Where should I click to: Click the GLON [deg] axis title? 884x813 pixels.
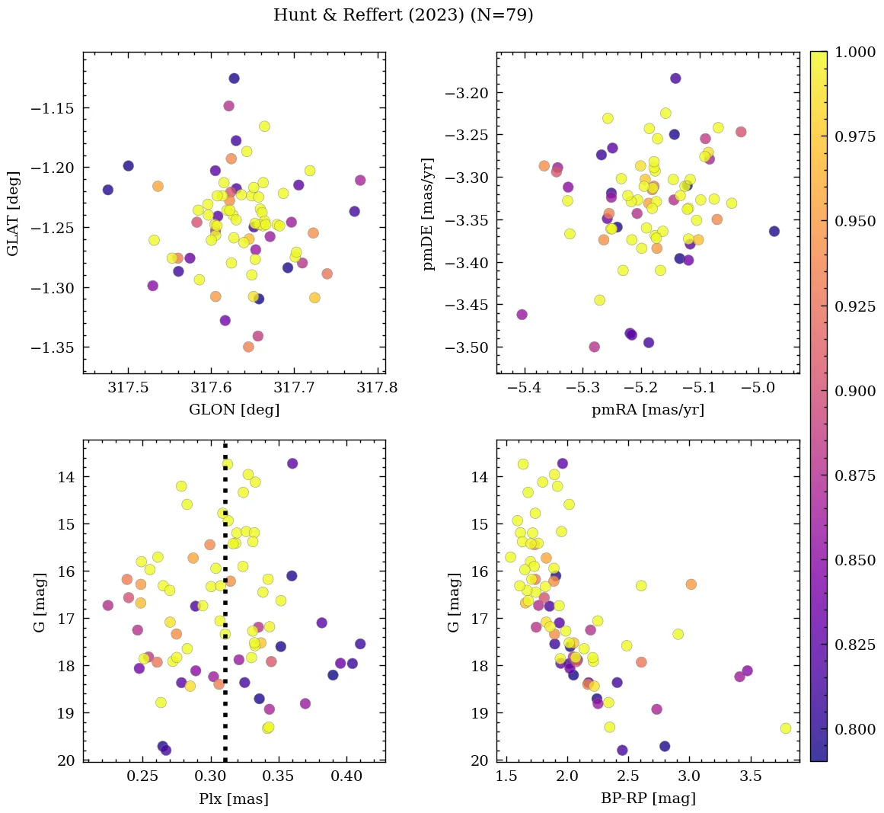pyautogui.click(x=234, y=410)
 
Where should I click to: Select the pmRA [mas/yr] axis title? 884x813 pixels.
pyautogui.click(x=647, y=410)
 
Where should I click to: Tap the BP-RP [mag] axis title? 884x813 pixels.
pyautogui.click(x=647, y=799)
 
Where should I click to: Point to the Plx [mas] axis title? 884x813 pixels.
pyautogui.click(x=234, y=799)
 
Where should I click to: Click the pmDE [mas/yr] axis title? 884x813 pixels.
pyautogui.click(x=428, y=213)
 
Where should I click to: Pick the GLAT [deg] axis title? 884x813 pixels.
pyautogui.click(x=14, y=213)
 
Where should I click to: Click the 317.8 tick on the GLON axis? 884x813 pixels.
pyautogui.click(x=377, y=387)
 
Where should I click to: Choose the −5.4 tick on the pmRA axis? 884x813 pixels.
pyautogui.click(x=525, y=387)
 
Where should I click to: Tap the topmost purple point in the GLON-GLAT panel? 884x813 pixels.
pyautogui.click(x=234, y=78)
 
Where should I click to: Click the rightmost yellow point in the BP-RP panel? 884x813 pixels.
pyautogui.click(x=786, y=728)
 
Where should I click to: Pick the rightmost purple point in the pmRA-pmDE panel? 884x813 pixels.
pyautogui.click(x=774, y=231)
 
